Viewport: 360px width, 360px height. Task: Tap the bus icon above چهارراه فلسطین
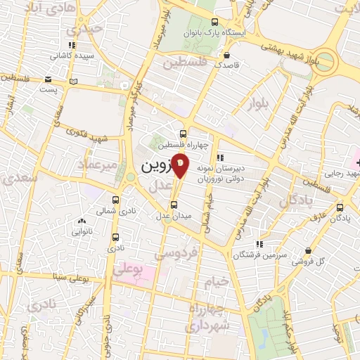point(184,134)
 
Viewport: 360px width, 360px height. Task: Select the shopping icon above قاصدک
point(226,53)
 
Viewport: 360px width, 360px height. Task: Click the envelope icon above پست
point(48,79)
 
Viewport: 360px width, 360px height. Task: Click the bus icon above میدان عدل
point(175,205)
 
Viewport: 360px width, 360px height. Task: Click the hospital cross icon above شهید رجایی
point(349,163)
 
